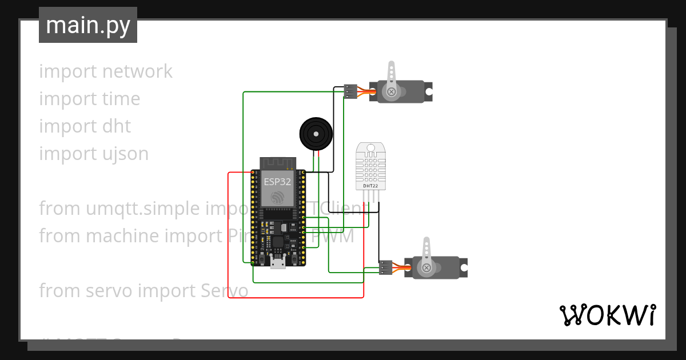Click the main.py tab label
click(x=88, y=26)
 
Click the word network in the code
click(x=137, y=71)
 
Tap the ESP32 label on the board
click(x=277, y=182)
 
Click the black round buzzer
click(x=315, y=134)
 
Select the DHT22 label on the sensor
click(x=370, y=186)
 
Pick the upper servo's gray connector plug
click(x=351, y=91)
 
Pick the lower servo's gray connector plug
click(x=386, y=267)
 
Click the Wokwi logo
click(x=607, y=315)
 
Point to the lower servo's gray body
click(x=446, y=267)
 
